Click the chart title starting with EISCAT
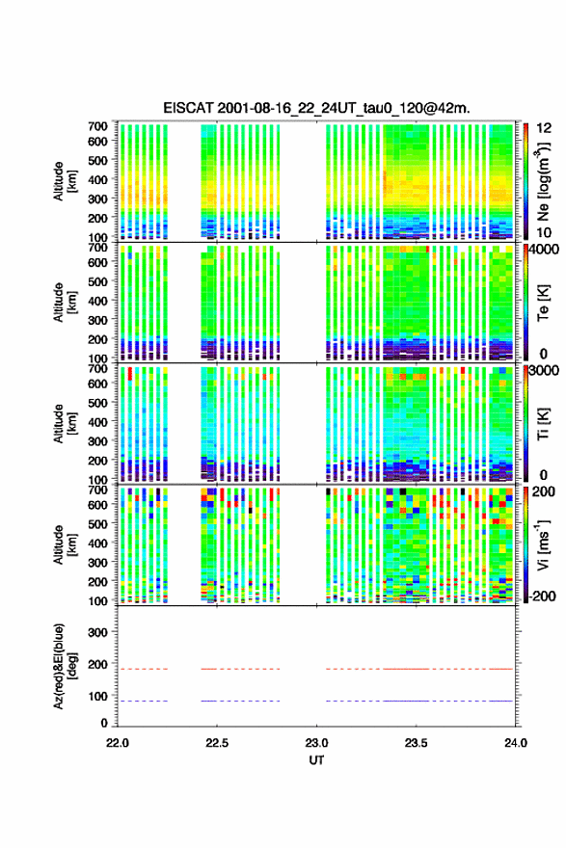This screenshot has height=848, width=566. pyautogui.click(x=316, y=108)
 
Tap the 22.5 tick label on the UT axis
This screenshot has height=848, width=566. pyautogui.click(x=217, y=743)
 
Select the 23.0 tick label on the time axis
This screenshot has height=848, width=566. pyautogui.click(x=316, y=743)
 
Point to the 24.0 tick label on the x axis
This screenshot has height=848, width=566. pyautogui.click(x=516, y=743)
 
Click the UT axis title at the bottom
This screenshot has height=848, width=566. pyautogui.click(x=316, y=760)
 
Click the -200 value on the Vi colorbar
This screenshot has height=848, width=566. pyautogui.click(x=540, y=596)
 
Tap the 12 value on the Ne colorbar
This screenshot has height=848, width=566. pyautogui.click(x=545, y=128)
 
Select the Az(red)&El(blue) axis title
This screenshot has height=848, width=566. pyautogui.click(x=65, y=666)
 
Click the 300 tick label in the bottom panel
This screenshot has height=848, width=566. pyautogui.click(x=97, y=632)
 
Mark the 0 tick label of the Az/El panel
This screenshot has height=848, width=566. pyautogui.click(x=104, y=723)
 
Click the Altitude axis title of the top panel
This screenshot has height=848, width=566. pyautogui.click(x=65, y=181)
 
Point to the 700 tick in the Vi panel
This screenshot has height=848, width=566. pyautogui.click(x=97, y=490)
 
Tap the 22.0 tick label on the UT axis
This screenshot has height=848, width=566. pyautogui.click(x=118, y=743)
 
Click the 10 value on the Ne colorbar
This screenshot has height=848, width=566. pyautogui.click(x=545, y=232)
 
